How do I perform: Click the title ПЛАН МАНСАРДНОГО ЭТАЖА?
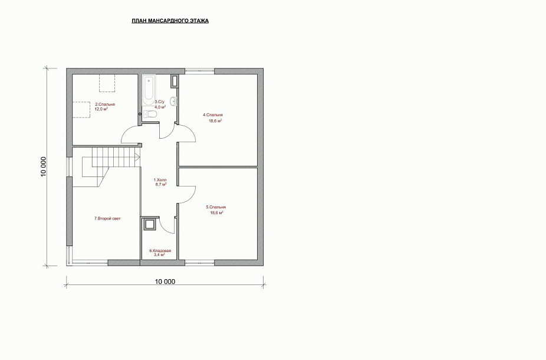[x=170, y=21]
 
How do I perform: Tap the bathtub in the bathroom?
[x=149, y=90]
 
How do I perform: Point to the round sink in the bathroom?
[x=173, y=101]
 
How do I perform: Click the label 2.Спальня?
[x=105, y=104]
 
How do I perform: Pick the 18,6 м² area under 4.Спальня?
[x=216, y=121]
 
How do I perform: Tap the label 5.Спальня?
[x=216, y=207]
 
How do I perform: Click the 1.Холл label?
[x=160, y=180]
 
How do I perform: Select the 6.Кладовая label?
[x=160, y=251]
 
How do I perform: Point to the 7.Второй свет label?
[x=107, y=218]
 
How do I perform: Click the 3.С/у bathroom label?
[x=159, y=102]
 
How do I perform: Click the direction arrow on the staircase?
[x=137, y=157]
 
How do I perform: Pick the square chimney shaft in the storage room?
[x=150, y=224]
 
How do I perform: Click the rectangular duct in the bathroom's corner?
[x=174, y=81]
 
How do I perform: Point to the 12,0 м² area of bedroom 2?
[x=101, y=109]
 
